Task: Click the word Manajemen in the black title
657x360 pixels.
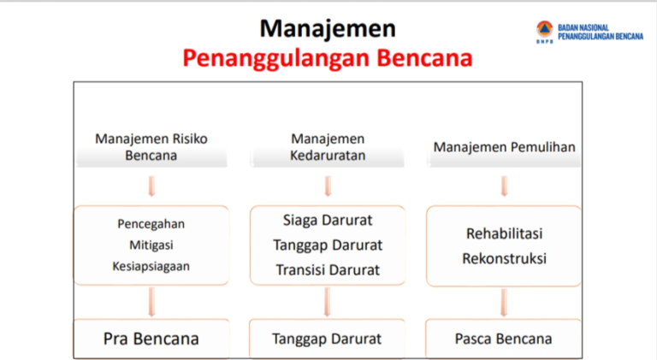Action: (x=328, y=28)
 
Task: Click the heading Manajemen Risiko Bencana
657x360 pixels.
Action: (x=151, y=146)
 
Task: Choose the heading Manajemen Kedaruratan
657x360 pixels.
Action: (x=328, y=146)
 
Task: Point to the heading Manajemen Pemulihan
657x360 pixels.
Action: (x=504, y=147)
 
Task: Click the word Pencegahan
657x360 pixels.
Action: (x=151, y=224)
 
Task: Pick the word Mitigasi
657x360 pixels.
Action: (x=151, y=245)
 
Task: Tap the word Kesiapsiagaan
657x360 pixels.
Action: (x=151, y=265)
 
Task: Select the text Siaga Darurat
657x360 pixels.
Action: (x=328, y=220)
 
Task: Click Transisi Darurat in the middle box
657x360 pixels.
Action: (x=328, y=269)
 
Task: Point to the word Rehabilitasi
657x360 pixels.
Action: (x=504, y=233)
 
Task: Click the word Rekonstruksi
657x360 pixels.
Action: (x=504, y=257)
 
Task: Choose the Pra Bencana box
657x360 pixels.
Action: (x=151, y=338)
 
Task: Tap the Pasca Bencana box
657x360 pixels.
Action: (x=504, y=338)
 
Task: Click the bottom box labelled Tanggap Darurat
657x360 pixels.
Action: (x=328, y=338)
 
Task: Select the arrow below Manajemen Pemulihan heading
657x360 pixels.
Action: (x=504, y=186)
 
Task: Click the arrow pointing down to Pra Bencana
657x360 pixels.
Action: (x=151, y=302)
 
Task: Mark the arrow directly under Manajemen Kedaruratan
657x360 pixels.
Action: (x=328, y=186)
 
